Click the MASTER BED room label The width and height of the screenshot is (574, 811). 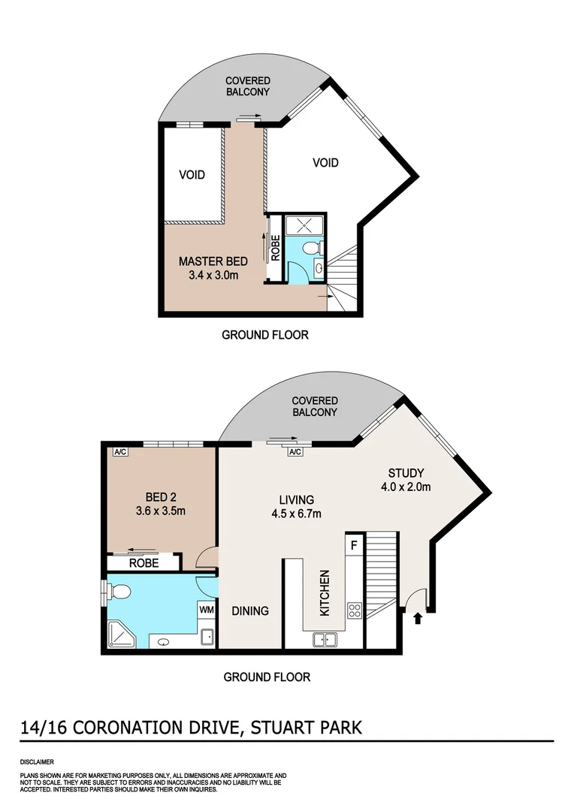pos(212,261)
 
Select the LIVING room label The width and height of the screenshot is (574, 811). pos(296,499)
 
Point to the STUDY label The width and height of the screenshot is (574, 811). pos(406,473)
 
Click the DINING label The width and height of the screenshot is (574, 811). pos(250,611)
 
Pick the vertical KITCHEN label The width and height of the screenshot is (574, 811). pos(325,593)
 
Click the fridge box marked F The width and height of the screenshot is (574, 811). pos(353,541)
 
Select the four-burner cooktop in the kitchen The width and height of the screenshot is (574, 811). pos(354,610)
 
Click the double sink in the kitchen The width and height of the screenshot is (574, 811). pos(325,640)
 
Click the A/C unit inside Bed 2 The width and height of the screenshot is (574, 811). pos(119,452)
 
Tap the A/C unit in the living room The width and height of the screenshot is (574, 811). pos(295,451)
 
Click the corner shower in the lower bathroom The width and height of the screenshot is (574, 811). pos(120,634)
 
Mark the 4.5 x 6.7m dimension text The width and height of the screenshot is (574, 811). pos(296,514)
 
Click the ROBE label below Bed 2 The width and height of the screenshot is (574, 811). pos(143,562)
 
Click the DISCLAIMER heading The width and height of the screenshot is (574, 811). pos(36,761)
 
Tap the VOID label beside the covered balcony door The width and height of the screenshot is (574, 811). pos(325,162)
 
